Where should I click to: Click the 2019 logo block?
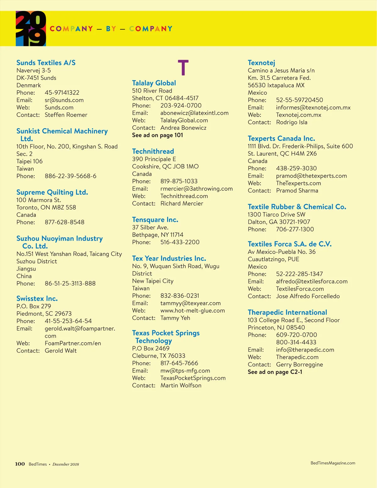[31, 29]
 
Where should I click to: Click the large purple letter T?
[183, 67]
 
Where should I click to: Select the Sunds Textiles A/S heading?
[46, 63]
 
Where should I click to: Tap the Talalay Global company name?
[154, 83]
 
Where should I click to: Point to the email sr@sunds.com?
[64, 100]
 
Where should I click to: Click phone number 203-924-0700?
[181, 106]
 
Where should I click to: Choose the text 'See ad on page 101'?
[157, 135]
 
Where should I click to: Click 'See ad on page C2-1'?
[275, 372]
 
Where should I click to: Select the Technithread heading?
[153, 151]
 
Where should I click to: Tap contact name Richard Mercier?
[182, 204]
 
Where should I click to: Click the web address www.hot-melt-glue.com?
[193, 311]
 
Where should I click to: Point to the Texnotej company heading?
[261, 63]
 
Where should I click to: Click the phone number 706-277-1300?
[295, 229]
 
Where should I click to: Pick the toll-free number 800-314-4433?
[296, 343]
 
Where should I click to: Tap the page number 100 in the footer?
[20, 464]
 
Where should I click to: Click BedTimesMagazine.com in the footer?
[333, 463]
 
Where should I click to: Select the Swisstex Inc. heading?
[37, 299]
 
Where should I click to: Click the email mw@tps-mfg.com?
[185, 371]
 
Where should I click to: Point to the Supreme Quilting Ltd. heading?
[52, 192]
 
